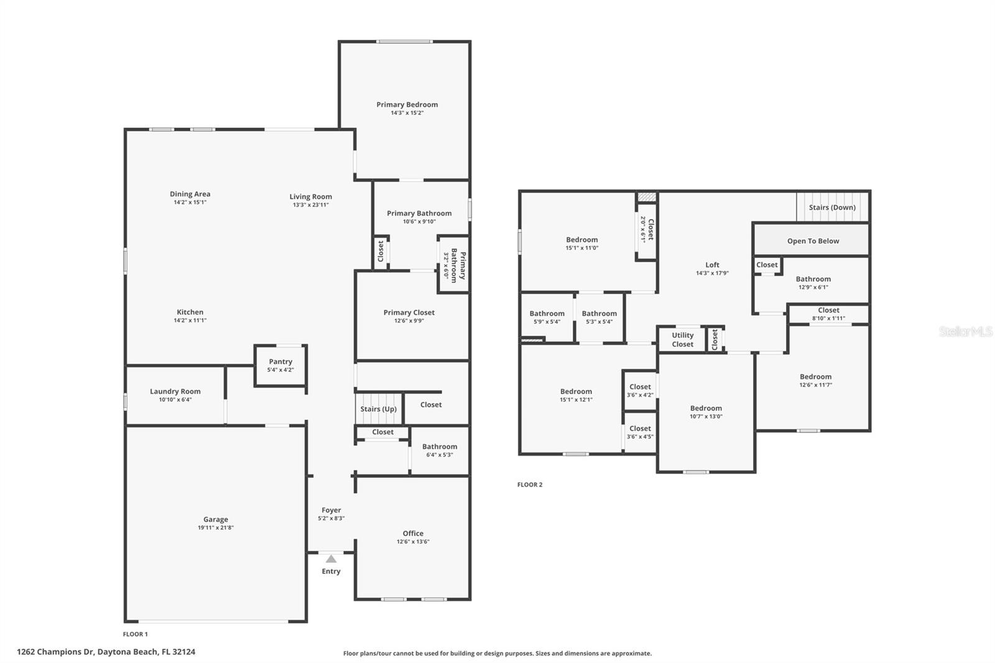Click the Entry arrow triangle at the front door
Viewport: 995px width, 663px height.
click(331, 559)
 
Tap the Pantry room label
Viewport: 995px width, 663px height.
click(280, 362)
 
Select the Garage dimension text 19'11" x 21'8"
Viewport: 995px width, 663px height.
click(215, 527)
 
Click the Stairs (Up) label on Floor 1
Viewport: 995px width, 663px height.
click(379, 409)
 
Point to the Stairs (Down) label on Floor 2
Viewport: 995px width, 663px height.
click(832, 208)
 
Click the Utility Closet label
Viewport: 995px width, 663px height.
click(682, 340)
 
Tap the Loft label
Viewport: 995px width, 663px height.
click(712, 265)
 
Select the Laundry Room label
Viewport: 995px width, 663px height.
click(175, 391)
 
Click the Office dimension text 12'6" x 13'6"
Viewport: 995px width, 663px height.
click(413, 541)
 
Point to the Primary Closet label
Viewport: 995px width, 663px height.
click(409, 312)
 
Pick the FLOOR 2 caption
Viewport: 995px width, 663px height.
click(529, 484)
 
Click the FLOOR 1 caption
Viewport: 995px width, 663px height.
click(135, 634)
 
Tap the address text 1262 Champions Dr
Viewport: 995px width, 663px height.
click(55, 652)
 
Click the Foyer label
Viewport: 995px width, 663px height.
click(331, 510)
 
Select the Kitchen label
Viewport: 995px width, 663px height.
click(190, 312)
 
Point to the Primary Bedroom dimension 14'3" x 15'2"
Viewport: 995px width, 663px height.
click(407, 113)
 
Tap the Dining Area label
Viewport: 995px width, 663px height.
click(190, 194)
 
